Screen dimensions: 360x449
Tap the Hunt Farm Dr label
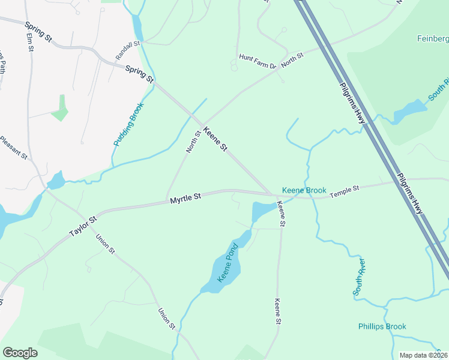pos(256,58)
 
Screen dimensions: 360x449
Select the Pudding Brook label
pos(129,124)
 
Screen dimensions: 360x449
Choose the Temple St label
pos(344,190)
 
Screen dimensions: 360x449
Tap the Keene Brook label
pos(304,190)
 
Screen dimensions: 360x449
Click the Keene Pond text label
pos(228,263)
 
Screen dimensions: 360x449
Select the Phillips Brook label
pos(382,326)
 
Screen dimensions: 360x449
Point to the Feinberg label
pos(432,39)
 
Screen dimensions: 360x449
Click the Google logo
pos(20,353)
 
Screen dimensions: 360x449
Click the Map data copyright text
pos(424,355)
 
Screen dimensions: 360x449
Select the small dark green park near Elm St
pos(60,108)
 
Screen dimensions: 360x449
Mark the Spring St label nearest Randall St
pos(140,74)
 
